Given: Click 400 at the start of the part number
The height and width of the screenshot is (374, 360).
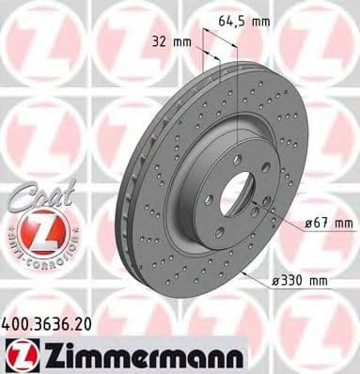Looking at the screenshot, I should click(18, 321).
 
